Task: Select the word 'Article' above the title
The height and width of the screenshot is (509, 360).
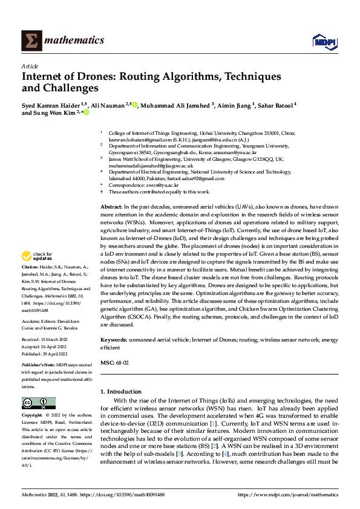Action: pyautogui.click(x=30, y=66)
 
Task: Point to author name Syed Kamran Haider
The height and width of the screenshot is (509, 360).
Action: pyautogui.click(x=48, y=104)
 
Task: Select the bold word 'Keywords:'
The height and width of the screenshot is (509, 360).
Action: pyautogui.click(x=113, y=340)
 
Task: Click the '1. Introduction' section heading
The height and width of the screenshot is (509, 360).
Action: pyautogui.click(x=121, y=392)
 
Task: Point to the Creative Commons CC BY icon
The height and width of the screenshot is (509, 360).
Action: pyautogui.click(x=38, y=403)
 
